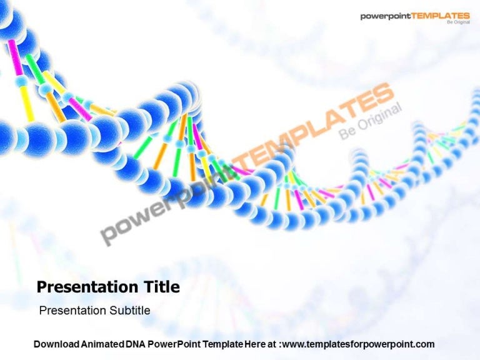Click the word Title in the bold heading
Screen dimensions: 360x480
coord(161,287)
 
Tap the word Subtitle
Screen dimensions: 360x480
coord(129,311)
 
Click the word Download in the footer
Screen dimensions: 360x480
coord(56,344)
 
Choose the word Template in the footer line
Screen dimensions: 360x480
coord(221,344)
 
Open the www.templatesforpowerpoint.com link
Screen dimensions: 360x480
coord(358,344)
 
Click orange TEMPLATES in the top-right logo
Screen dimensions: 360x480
coord(441,16)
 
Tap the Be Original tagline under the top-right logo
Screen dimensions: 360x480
coord(457,23)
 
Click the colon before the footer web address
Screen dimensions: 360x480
coord(280,344)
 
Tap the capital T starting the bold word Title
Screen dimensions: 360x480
coord(147,287)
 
